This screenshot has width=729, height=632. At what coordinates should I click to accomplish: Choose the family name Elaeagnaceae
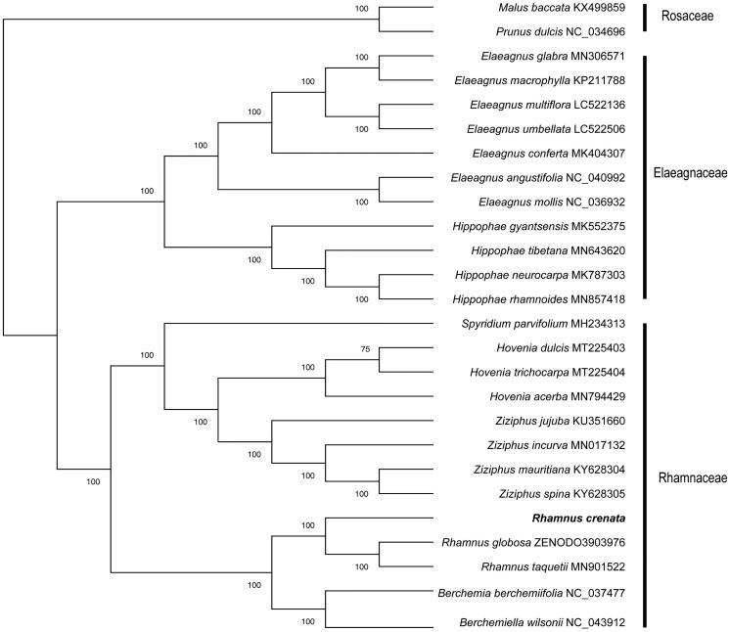pyautogui.click(x=690, y=173)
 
